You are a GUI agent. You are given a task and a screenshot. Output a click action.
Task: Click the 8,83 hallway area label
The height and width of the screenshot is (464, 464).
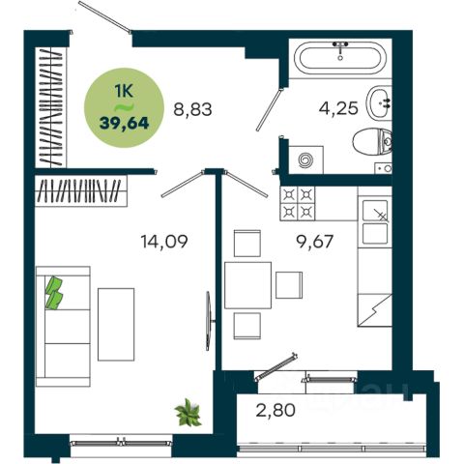(192, 109)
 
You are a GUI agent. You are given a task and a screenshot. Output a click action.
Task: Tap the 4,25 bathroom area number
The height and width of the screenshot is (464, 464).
(338, 108)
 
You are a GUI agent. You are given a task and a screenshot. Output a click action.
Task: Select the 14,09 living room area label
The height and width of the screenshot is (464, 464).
(164, 242)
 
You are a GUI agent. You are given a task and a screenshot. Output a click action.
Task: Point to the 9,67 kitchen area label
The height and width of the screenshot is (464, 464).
(314, 242)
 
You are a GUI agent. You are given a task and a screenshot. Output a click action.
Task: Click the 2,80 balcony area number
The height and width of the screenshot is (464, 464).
(275, 410)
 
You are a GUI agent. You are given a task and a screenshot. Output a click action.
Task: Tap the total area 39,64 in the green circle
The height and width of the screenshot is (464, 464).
(124, 123)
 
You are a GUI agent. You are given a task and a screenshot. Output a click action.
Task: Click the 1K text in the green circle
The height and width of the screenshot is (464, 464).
(124, 92)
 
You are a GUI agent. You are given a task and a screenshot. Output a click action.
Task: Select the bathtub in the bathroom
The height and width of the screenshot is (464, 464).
(340, 58)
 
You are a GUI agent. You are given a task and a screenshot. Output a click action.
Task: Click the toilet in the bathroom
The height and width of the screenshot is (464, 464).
(372, 142)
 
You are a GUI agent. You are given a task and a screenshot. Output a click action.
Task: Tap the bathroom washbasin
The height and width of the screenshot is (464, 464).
(379, 102)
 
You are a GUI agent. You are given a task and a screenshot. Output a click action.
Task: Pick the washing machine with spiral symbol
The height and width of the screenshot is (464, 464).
(305, 159)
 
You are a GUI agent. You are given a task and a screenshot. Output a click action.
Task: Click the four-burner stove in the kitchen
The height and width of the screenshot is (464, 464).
(298, 203)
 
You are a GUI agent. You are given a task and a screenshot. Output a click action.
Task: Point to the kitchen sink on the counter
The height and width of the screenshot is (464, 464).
(375, 222)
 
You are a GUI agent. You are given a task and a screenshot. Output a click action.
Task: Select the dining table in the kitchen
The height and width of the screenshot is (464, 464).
(248, 285)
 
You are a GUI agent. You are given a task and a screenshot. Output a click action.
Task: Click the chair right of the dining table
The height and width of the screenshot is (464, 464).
(289, 285)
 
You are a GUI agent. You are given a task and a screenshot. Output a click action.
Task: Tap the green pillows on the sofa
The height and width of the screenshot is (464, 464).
(54, 293)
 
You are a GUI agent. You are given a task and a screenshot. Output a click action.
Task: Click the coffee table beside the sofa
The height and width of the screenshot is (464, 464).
(116, 325)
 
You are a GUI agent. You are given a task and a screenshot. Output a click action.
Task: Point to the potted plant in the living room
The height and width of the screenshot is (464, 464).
(188, 413)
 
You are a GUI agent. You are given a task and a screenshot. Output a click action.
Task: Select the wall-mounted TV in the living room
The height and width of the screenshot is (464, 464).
(209, 321)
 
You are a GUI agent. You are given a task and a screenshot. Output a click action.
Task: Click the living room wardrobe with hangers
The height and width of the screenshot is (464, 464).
(81, 191)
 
